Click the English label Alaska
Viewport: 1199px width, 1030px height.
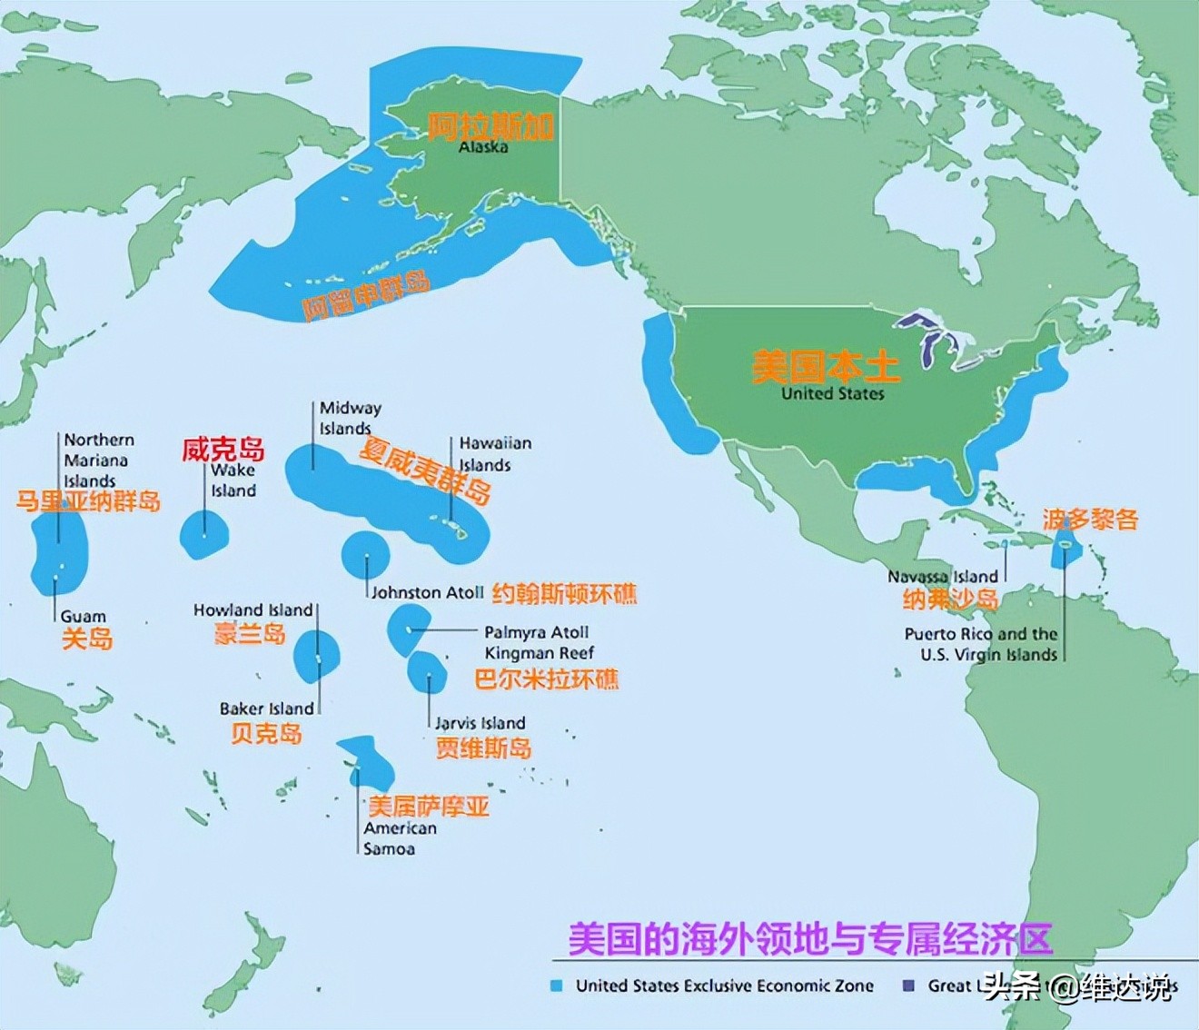point(482,147)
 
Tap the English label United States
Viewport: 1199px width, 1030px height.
point(832,393)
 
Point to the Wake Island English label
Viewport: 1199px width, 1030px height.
point(233,480)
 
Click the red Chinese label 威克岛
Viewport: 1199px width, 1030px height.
point(223,449)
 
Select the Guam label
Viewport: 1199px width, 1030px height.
point(83,617)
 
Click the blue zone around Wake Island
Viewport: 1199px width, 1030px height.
point(203,534)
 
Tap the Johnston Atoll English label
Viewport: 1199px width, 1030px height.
point(427,592)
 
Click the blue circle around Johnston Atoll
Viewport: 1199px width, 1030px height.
point(365,553)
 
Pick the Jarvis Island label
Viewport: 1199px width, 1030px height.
point(480,723)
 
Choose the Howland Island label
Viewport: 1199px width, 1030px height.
point(253,609)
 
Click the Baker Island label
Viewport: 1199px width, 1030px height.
point(266,708)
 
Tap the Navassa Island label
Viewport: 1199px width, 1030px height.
point(942,576)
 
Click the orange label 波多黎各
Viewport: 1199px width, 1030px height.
point(1089,520)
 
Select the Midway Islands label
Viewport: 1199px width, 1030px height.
point(350,418)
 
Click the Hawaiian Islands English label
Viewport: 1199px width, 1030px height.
point(494,454)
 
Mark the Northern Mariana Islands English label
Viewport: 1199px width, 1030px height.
point(98,460)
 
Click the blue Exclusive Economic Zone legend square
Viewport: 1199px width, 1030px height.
point(557,985)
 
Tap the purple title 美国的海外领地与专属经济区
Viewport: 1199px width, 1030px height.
point(810,938)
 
